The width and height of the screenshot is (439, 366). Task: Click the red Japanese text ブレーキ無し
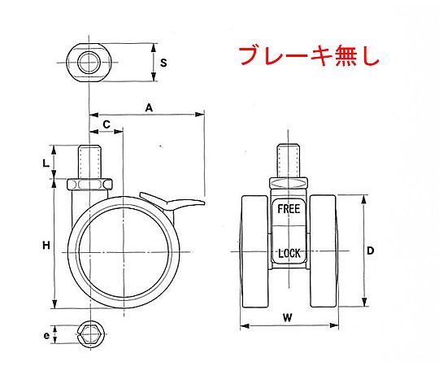click(x=309, y=56)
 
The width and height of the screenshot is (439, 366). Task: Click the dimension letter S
click(x=163, y=63)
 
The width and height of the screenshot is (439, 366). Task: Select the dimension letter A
click(x=149, y=107)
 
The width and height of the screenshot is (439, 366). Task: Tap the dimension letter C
click(x=106, y=124)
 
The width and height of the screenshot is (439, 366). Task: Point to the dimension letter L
click(x=46, y=163)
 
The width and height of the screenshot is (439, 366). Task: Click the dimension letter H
click(x=46, y=246)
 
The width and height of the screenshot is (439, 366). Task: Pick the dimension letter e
click(x=46, y=335)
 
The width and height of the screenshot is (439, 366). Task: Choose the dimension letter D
click(x=370, y=251)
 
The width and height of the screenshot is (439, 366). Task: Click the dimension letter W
click(x=288, y=318)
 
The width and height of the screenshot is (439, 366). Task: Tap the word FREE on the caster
click(x=289, y=209)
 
